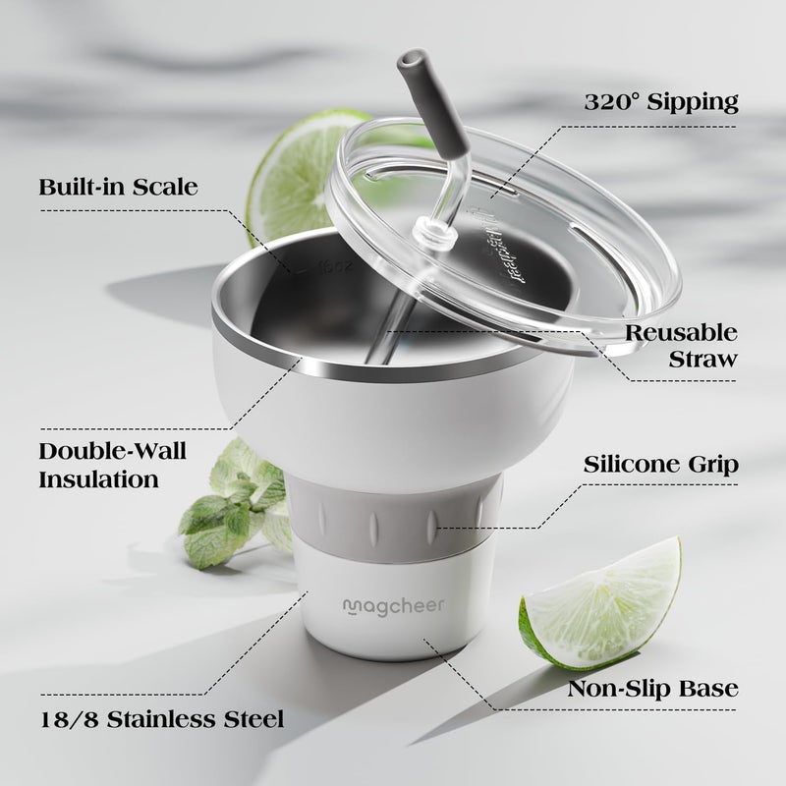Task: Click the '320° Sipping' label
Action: pyautogui.click(x=661, y=102)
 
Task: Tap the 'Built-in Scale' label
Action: pyautogui.click(x=118, y=187)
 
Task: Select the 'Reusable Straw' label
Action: pyautogui.click(x=682, y=346)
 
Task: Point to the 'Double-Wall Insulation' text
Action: pyautogui.click(x=113, y=465)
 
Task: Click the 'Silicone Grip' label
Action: pyautogui.click(x=660, y=464)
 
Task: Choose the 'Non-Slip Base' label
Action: pyautogui.click(x=652, y=689)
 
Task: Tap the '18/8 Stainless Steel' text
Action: pyautogui.click(x=162, y=719)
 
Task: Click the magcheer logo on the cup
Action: pyautogui.click(x=394, y=606)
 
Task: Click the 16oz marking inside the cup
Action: pyautogui.click(x=335, y=265)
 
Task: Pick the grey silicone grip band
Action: pyautogui.click(x=394, y=522)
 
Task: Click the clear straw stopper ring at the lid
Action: pyautogui.click(x=431, y=231)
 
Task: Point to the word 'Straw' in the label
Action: pyautogui.click(x=703, y=359)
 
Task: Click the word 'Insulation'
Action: pyautogui.click(x=99, y=479)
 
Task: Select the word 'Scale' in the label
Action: pyautogui.click(x=165, y=187)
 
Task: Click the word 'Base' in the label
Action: pyautogui.click(x=708, y=689)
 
